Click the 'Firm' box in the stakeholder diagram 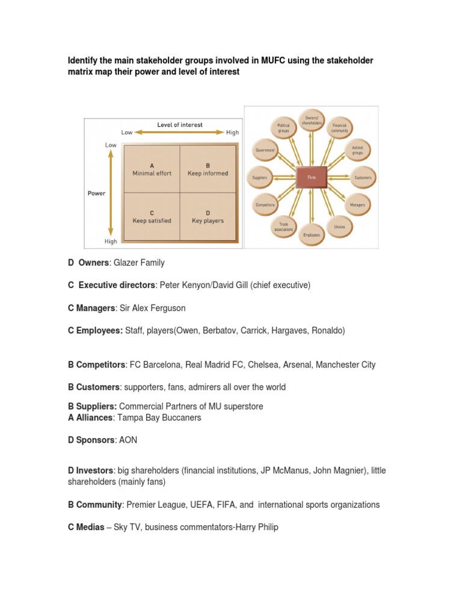pyautogui.click(x=312, y=177)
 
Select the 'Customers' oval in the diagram pyautogui.click(x=362, y=177)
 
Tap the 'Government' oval pyautogui.click(x=265, y=150)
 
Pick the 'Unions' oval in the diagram pyautogui.click(x=339, y=226)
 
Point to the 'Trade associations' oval pyautogui.click(x=283, y=226)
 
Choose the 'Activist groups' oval pyautogui.click(x=357, y=150)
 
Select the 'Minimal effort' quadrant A pyautogui.click(x=152, y=169)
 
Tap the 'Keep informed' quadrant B pyautogui.click(x=208, y=169)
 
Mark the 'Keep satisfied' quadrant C pyautogui.click(x=152, y=217)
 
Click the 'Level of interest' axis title pyautogui.click(x=180, y=125)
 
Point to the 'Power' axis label pyautogui.click(x=96, y=194)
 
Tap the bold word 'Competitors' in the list pyautogui.click(x=100, y=365)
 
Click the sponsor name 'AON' pyautogui.click(x=128, y=440)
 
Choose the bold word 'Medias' pyautogui.click(x=90, y=528)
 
